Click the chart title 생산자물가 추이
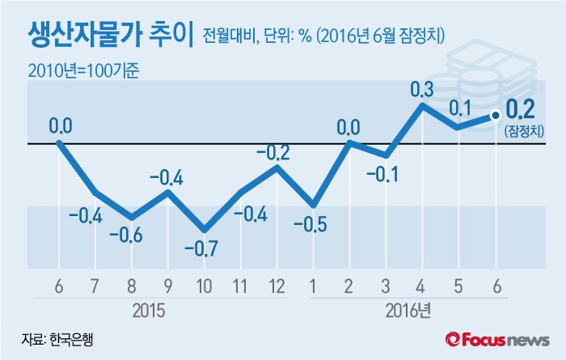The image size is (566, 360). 110,35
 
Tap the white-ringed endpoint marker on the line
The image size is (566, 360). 495,115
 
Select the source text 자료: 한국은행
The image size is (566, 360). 57,340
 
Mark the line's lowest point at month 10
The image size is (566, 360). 205,230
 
